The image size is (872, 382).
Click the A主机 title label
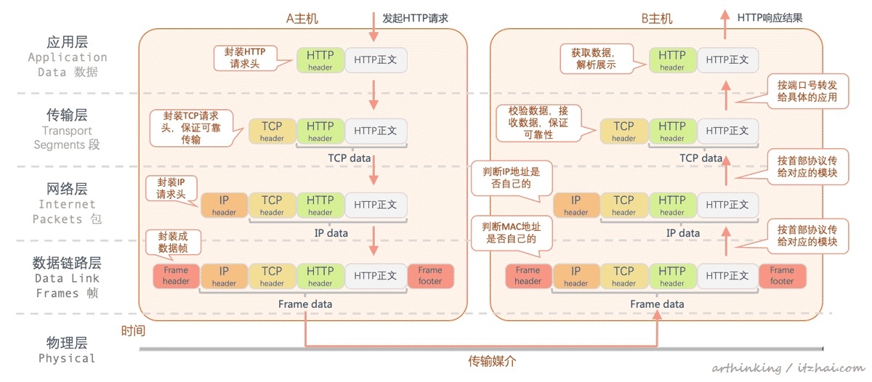302,18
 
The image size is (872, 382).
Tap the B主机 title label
658,18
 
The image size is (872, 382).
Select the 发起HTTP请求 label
416,17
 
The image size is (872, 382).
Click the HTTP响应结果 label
770,17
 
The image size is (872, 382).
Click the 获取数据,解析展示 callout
594,58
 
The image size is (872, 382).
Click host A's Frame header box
176,275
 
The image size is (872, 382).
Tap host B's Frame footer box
782,275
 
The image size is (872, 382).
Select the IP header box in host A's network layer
224,205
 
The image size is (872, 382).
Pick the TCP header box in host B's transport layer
623,131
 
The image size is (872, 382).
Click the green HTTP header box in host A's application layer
320,60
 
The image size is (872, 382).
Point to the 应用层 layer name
67,41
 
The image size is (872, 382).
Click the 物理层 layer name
67,342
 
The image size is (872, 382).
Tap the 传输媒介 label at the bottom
491,361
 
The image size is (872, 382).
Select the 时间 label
133,331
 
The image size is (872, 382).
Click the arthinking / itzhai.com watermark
788,368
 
